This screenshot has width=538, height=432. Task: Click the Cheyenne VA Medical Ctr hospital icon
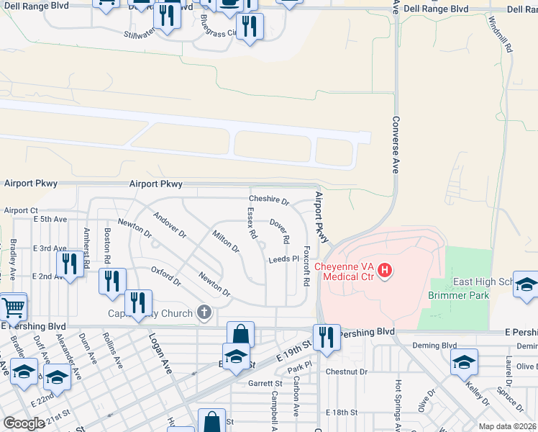click(385, 271)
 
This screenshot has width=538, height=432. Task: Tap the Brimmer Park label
click(459, 295)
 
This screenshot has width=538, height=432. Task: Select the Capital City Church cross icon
click(204, 312)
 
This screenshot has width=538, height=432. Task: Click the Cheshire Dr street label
click(268, 200)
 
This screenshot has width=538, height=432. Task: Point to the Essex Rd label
click(252, 223)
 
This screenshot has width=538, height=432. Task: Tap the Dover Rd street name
click(280, 230)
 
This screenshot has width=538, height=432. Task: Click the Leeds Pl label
click(283, 258)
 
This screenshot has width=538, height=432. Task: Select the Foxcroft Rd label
click(306, 266)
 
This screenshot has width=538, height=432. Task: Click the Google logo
click(24, 423)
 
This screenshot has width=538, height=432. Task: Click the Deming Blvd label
click(434, 346)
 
